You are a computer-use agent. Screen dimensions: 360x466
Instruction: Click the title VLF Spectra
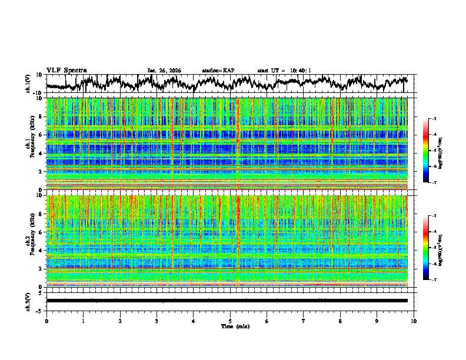click(x=66, y=71)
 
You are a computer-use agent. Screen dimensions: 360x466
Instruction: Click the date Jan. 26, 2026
click(x=164, y=71)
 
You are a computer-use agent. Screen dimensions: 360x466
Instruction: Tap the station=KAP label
click(x=218, y=71)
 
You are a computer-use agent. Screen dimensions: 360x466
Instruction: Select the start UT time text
click(x=284, y=71)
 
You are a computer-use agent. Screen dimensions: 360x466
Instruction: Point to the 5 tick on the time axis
click(x=230, y=321)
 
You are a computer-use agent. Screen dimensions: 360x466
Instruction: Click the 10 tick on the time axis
click(x=414, y=321)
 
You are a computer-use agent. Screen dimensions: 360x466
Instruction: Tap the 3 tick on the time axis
click(x=157, y=321)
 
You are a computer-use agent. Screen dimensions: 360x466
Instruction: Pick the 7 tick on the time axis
click(x=304, y=321)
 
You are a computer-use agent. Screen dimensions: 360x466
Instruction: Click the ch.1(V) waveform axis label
click(x=28, y=84)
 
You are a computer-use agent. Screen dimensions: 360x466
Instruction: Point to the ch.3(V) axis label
click(x=28, y=301)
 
